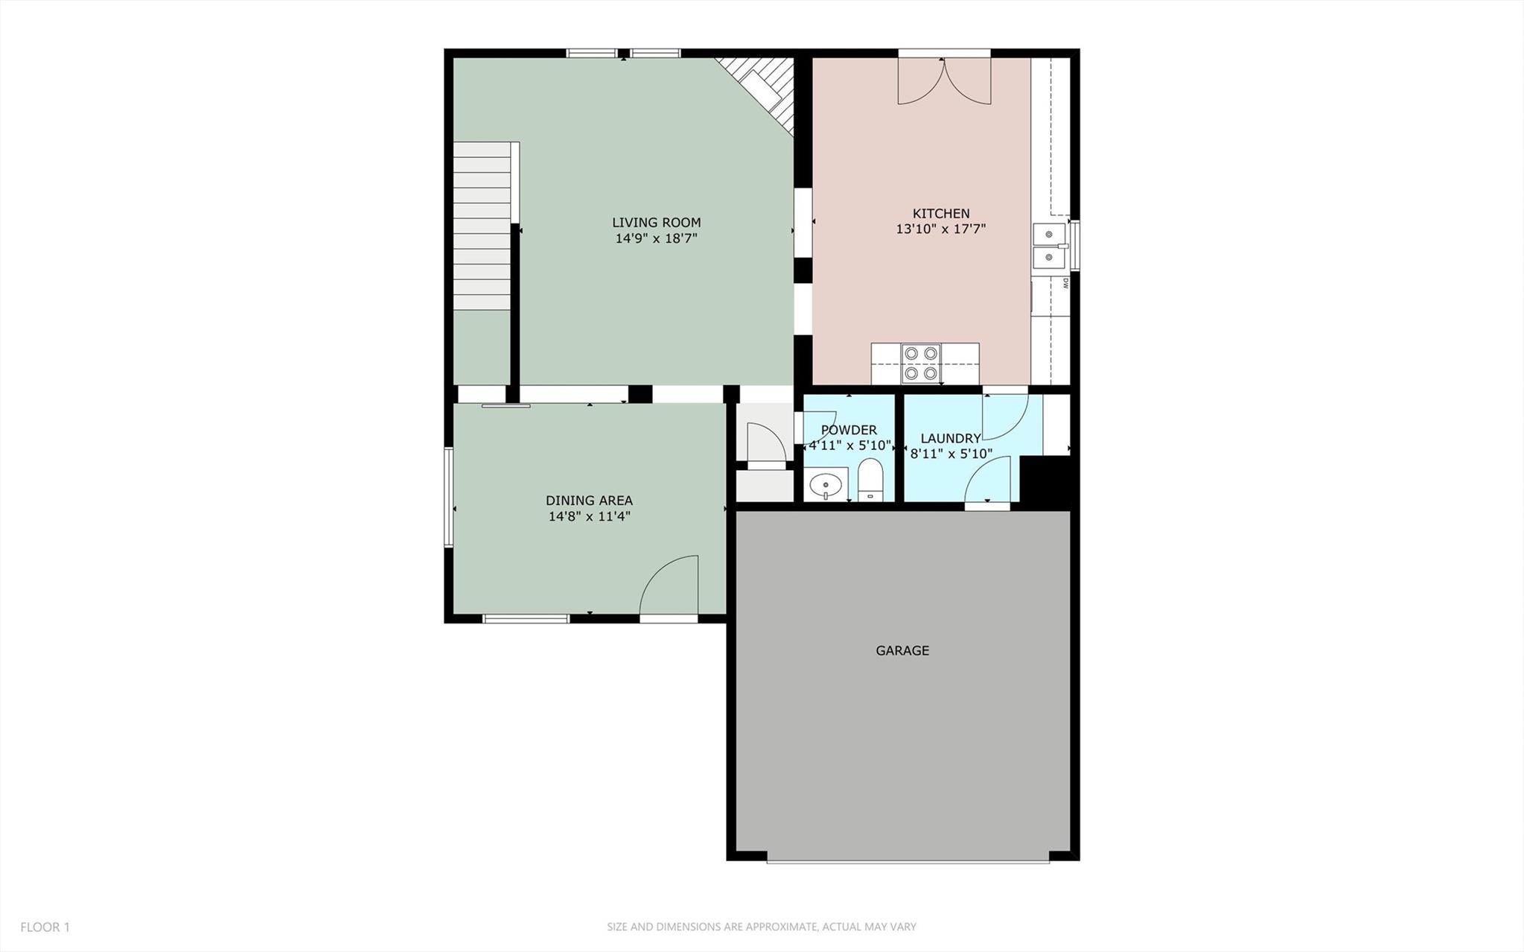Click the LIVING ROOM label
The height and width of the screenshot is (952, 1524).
pyautogui.click(x=656, y=222)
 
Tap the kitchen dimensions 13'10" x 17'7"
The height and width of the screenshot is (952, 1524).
pyautogui.click(x=940, y=229)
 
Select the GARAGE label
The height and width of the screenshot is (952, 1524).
pyautogui.click(x=902, y=650)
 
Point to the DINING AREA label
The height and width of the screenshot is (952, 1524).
pyautogui.click(x=589, y=501)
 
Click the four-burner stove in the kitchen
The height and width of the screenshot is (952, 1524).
pyautogui.click(x=920, y=364)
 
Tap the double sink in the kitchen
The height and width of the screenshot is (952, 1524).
pyautogui.click(x=1050, y=246)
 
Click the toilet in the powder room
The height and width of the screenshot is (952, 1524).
pyautogui.click(x=870, y=480)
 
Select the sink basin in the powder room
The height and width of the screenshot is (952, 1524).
pyautogui.click(x=826, y=486)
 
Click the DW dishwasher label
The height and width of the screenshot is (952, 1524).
pyautogui.click(x=1065, y=283)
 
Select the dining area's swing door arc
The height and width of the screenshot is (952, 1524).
pyautogui.click(x=669, y=586)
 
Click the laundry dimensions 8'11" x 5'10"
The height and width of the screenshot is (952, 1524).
pyautogui.click(x=951, y=453)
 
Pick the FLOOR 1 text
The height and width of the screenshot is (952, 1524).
pyautogui.click(x=45, y=927)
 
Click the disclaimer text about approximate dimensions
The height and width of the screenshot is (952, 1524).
pyautogui.click(x=761, y=927)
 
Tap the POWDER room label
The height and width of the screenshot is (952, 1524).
pyautogui.click(x=849, y=430)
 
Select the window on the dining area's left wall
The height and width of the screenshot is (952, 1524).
pyautogui.click(x=449, y=497)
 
